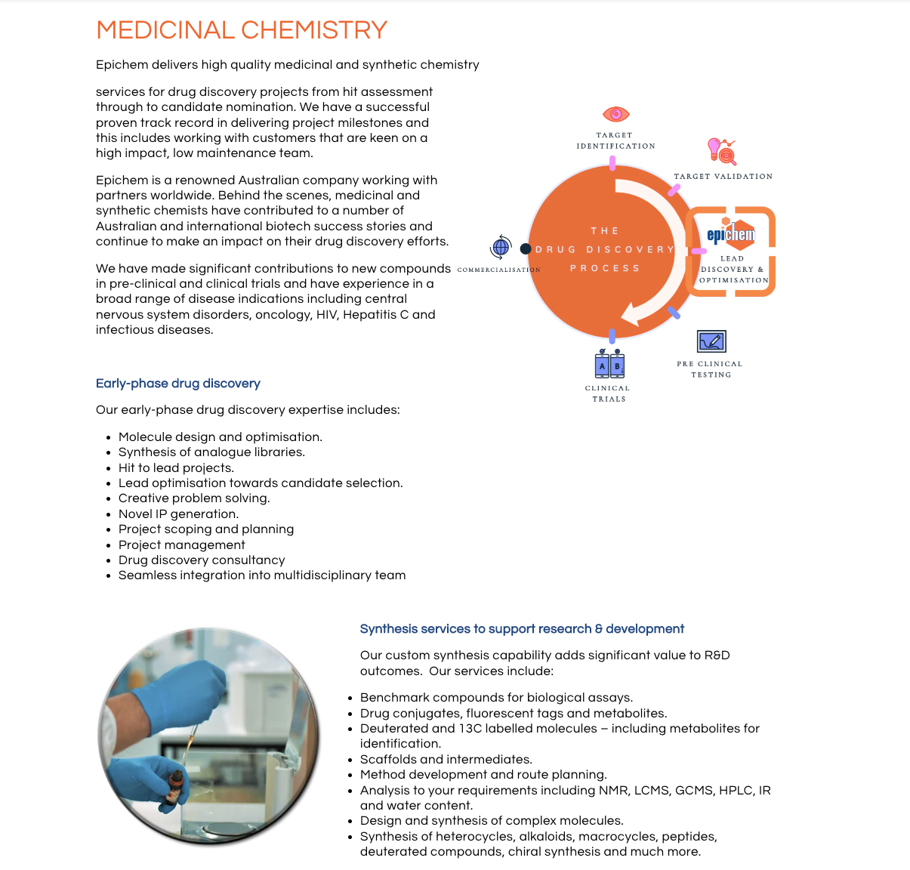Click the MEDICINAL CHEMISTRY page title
tap(242, 30)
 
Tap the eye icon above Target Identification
tap(615, 114)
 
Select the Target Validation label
tap(723, 176)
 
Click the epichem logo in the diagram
tap(730, 233)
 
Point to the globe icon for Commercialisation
tap(501, 247)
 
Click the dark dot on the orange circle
tap(526, 248)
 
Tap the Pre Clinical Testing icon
tap(711, 341)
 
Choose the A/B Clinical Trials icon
tap(609, 365)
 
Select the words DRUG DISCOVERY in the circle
tap(604, 249)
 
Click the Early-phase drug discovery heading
tap(177, 384)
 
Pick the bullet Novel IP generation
tap(178, 514)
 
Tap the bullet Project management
tap(181, 545)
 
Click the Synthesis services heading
tap(522, 629)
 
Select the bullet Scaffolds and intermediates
tap(446, 760)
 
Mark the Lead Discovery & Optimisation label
tap(733, 270)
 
